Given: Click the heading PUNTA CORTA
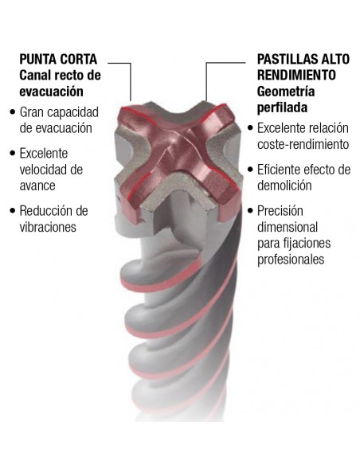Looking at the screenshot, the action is [58, 59].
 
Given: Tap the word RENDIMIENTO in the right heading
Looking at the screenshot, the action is [296, 76].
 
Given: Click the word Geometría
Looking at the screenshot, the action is [286, 92].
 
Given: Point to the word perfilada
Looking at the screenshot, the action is [282, 107].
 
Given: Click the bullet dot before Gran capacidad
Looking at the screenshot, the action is [13, 112].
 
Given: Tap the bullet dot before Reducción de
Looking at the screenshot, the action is [13, 211].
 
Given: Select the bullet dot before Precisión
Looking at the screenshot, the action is [251, 211].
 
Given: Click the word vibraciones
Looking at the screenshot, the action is [48, 227].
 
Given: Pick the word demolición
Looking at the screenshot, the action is [284, 186].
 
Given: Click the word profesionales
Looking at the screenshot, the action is [291, 260].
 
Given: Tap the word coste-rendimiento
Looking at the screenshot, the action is [303, 144].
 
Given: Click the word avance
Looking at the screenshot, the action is [37, 186].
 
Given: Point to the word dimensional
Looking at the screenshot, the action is [288, 227].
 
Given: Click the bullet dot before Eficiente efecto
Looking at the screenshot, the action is [251, 170].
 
